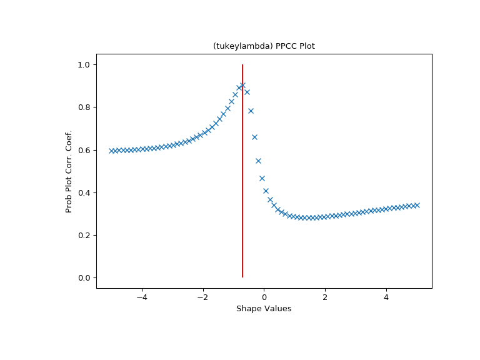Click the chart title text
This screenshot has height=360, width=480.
[264, 46]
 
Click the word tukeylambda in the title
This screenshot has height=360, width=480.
[236, 46]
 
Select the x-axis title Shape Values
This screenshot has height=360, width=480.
[264, 309]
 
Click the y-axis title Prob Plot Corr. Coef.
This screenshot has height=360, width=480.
[69, 171]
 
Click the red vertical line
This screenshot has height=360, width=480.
[242, 187]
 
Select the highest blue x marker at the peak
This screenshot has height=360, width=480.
[242, 85]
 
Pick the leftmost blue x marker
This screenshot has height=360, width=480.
[111, 151]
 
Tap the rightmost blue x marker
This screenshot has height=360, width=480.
[417, 205]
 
